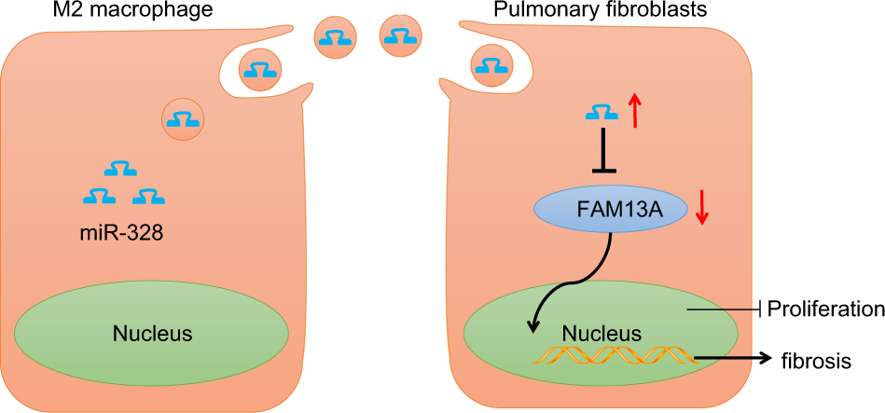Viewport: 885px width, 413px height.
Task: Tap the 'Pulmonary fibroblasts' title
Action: point(607,11)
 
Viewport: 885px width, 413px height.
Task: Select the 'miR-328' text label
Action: point(122,233)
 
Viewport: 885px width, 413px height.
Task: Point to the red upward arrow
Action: point(635,111)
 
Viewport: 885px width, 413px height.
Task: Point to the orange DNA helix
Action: point(612,356)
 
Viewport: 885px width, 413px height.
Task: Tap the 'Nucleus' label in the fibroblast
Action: point(602,333)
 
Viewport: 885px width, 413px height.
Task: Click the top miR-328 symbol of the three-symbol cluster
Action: point(120,169)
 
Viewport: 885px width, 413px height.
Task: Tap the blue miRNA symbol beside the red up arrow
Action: point(602,113)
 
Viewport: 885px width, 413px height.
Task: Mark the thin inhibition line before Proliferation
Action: point(727,309)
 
